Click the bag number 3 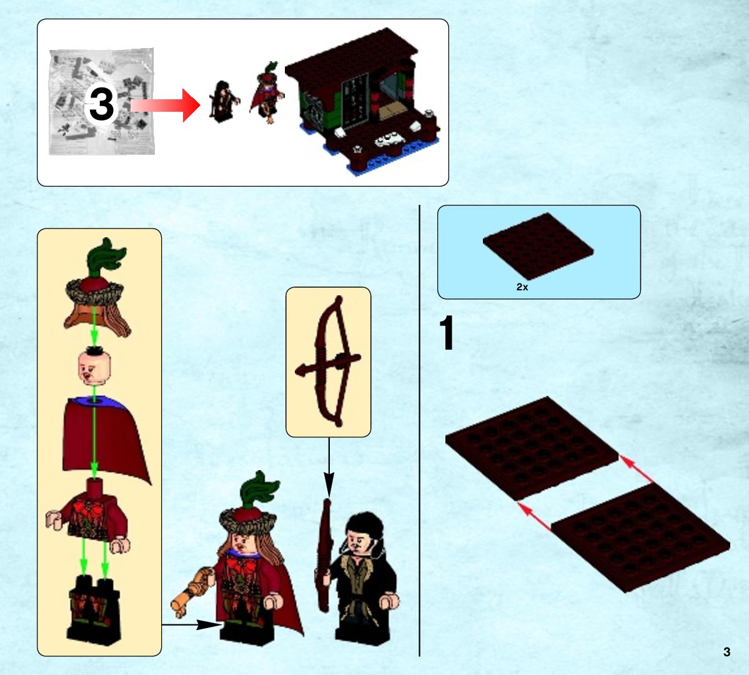(x=101, y=104)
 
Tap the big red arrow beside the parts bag (x=165, y=105)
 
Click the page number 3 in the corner (x=727, y=652)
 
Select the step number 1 (x=446, y=333)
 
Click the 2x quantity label (x=522, y=287)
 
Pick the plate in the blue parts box (x=538, y=245)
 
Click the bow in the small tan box (x=329, y=361)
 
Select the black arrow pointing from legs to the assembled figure (x=192, y=624)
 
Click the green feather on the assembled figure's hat (x=259, y=490)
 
